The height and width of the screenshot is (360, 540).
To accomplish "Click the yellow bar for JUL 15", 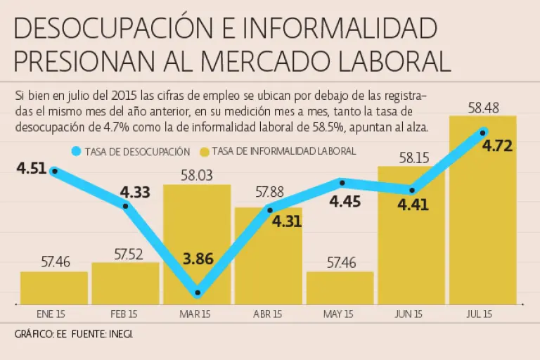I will coord(482,225).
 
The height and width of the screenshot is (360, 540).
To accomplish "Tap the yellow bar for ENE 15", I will coord(54,288).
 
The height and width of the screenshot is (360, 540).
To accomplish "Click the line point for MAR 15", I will coord(198,292).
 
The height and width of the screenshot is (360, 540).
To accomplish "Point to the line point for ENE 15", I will coord(55,170).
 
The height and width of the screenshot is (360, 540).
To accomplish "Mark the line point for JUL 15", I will coord(483,132).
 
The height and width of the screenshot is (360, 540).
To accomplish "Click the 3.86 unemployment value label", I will coord(198,258).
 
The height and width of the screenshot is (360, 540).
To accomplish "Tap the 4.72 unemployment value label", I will coord(497,146).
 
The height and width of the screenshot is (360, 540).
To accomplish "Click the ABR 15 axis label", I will coord(268,314).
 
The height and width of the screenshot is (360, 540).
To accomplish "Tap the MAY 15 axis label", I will coord(340,314).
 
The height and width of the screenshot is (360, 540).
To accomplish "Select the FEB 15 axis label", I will coord(125,314).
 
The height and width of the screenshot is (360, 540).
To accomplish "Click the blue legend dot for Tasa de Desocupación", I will coord(77,151).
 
